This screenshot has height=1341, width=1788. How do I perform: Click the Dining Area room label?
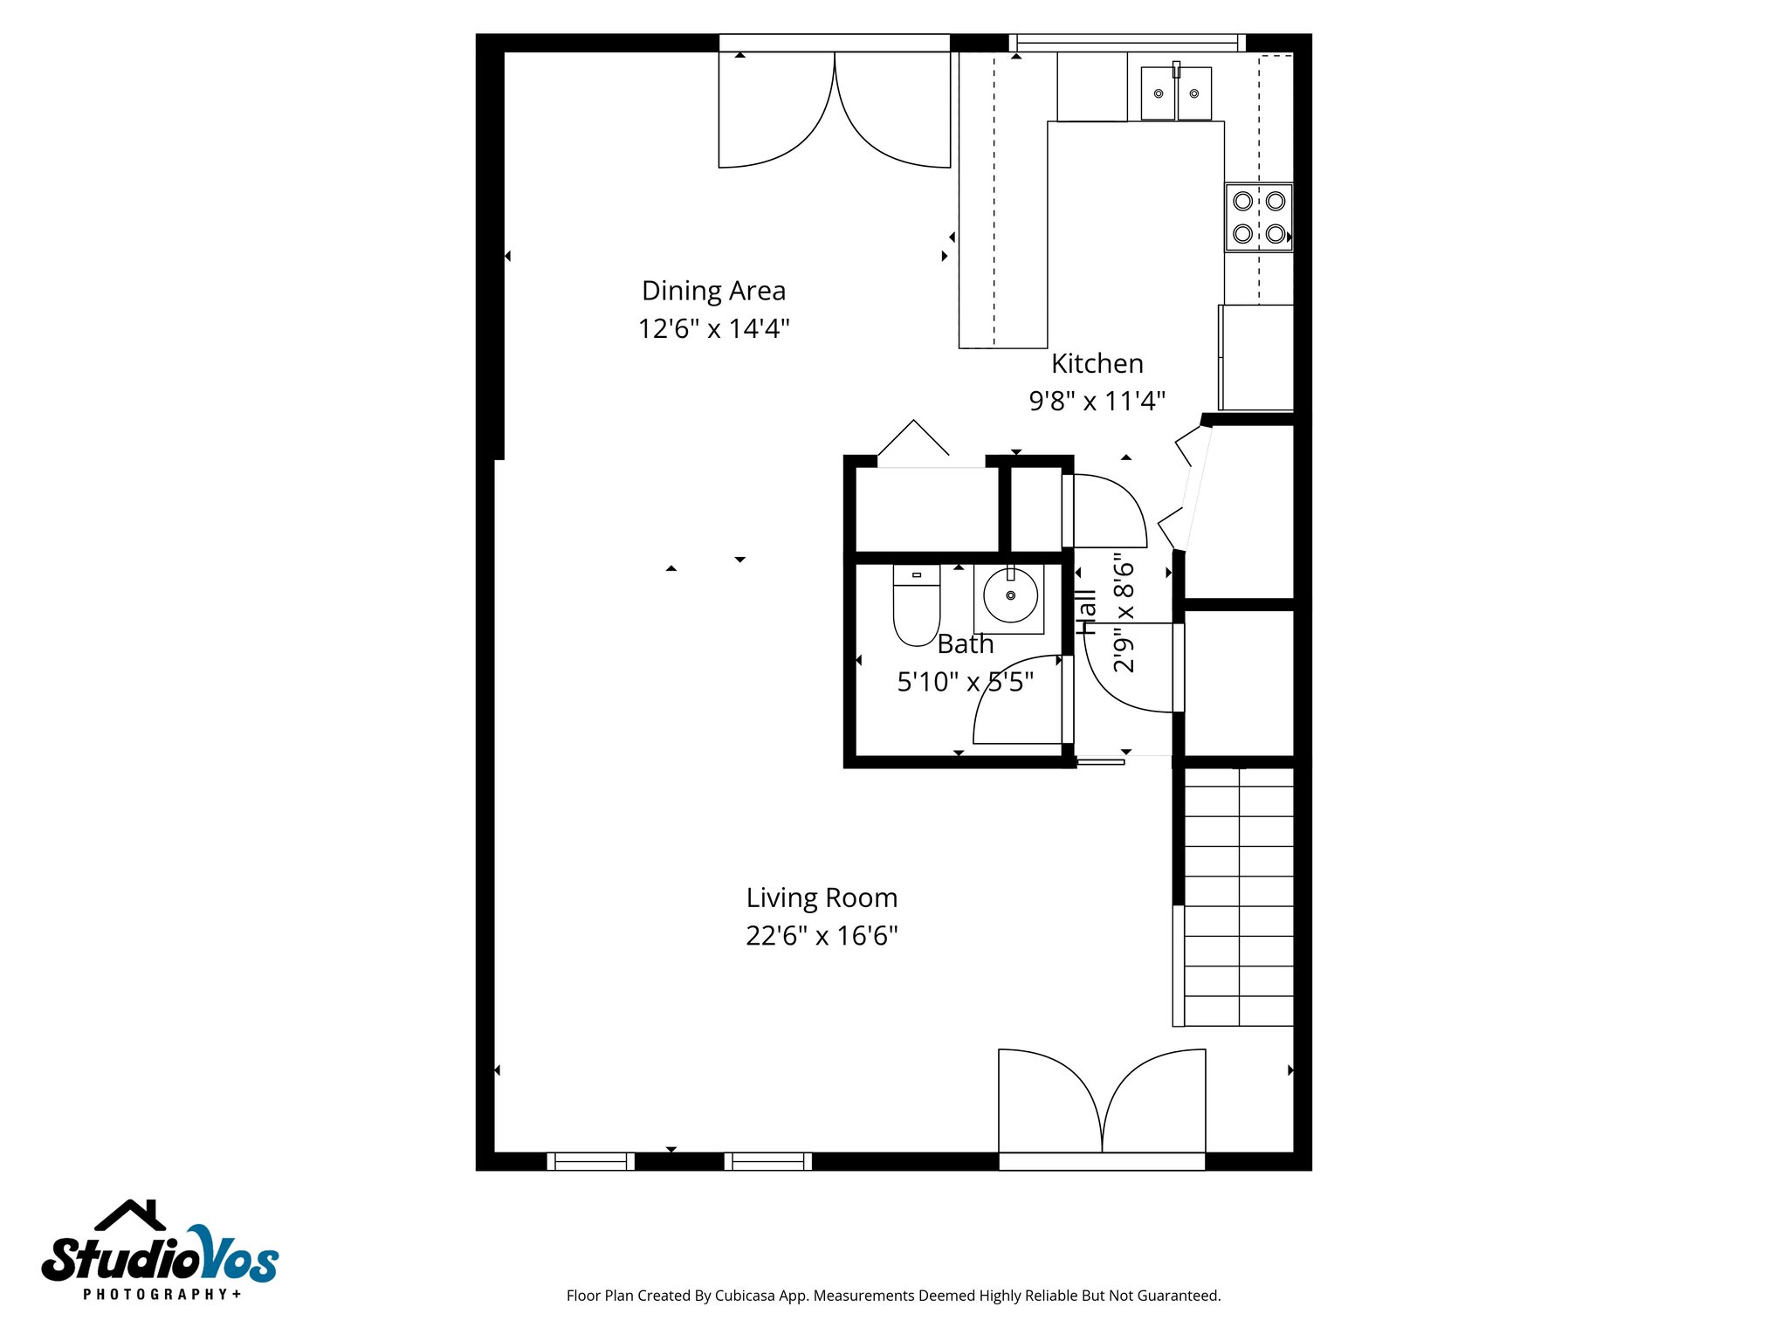tap(713, 291)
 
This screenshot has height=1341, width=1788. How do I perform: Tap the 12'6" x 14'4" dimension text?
tap(713, 329)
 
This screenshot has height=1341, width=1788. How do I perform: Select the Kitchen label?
tap(1097, 363)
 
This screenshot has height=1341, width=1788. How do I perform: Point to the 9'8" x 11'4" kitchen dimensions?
tap(1097, 402)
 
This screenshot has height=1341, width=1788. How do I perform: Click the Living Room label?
tap(822, 897)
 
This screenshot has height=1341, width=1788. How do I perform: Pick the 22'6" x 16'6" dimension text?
tap(822, 936)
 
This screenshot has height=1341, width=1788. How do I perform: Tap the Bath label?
tap(965, 644)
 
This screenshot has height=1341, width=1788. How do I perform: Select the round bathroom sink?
tap(1010, 596)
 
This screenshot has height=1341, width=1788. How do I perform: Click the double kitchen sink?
tap(1175, 93)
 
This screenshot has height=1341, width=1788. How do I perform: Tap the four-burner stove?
tap(1258, 217)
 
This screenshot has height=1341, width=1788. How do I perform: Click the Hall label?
tap(1085, 612)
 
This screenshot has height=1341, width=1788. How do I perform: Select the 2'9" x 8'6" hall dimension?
tap(1124, 612)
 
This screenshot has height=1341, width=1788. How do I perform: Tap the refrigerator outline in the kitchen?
tap(1255, 357)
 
